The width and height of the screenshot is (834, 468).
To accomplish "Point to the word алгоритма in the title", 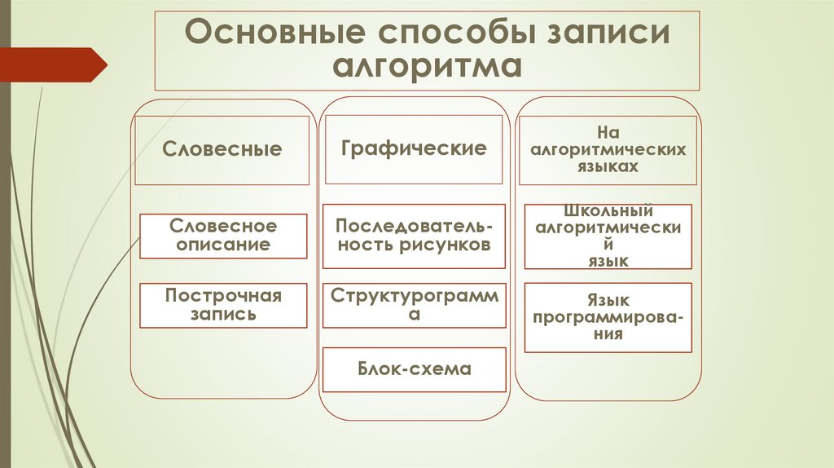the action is [426, 66].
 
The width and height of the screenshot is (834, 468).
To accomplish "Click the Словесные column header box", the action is [222, 150].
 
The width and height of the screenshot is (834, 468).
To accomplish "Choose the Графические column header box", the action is [414, 148].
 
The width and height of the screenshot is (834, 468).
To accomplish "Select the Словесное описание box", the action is [223, 235].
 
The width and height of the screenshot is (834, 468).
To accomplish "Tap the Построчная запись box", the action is [223, 305].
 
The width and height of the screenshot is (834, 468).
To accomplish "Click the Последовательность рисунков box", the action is [414, 236].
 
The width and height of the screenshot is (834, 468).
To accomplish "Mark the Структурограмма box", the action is [414, 305].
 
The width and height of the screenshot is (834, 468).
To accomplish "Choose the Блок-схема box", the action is [414, 369].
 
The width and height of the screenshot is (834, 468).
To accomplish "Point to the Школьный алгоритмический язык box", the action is [608, 236].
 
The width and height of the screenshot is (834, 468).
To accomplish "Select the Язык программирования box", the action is [608, 317].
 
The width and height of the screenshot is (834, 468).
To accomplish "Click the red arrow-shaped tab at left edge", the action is [53, 64].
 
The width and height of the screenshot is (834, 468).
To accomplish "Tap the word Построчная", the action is [223, 296].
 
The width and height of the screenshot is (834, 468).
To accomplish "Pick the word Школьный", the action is [608, 211].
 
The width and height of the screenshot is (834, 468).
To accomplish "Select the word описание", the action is [223, 244].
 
